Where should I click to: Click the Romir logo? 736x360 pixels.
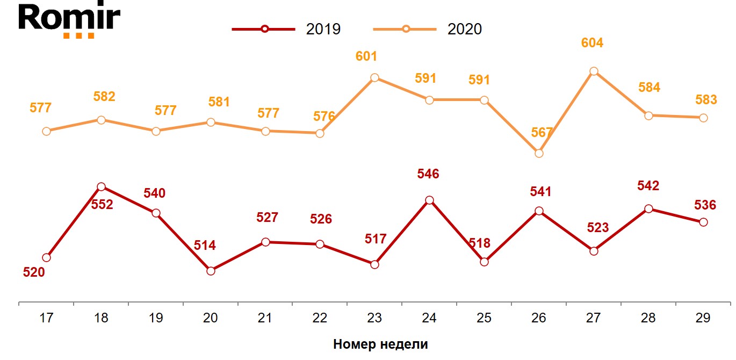69,20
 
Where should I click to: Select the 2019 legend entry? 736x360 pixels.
287,29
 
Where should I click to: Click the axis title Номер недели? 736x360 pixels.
380,344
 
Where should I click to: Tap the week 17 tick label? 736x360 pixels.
46,318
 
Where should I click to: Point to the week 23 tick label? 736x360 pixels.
374,318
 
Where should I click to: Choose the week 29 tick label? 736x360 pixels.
703,318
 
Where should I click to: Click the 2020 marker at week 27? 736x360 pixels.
594,71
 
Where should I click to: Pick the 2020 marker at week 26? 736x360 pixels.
539,153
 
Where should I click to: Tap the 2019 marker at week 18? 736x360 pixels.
101,186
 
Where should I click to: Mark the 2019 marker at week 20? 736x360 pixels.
211,271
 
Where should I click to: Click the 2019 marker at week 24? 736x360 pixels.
429,200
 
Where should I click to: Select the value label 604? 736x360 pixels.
593,43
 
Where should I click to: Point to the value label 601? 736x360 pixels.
366,56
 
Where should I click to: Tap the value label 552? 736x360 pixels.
102,205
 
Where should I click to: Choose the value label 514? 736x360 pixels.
205,246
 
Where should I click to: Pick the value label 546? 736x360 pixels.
428,174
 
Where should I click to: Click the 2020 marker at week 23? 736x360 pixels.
374,78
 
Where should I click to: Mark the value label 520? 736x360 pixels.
34,272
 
